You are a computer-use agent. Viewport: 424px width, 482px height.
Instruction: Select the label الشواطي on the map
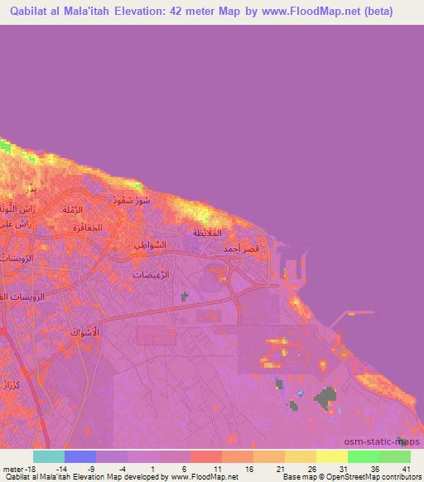point(150,245)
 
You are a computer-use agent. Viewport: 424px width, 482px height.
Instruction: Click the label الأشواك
point(82,332)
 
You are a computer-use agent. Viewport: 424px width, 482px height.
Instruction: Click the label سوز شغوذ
point(133,200)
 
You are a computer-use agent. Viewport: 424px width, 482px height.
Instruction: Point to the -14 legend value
point(60,469)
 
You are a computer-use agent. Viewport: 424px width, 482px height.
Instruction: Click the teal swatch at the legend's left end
point(49,456)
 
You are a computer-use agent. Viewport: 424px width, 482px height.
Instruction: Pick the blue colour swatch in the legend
point(80,456)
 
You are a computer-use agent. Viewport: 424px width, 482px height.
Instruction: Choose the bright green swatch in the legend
point(364,456)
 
